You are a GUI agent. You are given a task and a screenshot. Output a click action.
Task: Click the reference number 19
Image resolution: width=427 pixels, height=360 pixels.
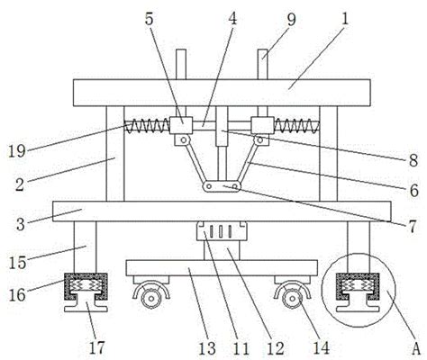point(17,150)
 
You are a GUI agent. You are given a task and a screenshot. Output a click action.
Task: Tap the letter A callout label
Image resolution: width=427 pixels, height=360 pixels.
point(416,348)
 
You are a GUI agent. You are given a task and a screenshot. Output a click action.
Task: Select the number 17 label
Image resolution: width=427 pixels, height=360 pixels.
point(97,347)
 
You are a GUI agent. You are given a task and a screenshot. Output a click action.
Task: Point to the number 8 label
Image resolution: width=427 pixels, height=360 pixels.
point(413,160)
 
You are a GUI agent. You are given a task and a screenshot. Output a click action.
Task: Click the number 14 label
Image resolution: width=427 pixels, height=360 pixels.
point(321,348)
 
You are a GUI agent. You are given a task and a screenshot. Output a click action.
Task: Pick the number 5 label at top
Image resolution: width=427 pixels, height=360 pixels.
point(150,19)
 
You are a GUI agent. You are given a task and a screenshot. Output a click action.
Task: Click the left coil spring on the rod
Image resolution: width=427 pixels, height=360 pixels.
point(147,125)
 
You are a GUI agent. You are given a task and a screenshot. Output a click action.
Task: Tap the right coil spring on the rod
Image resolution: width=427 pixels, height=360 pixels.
point(296,125)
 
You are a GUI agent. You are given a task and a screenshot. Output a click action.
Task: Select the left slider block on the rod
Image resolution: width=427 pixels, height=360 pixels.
point(181,125)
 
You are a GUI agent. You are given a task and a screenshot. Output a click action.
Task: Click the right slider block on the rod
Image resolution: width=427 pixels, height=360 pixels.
point(262,125)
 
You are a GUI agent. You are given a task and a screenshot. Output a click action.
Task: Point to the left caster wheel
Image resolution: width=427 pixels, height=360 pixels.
point(151,299)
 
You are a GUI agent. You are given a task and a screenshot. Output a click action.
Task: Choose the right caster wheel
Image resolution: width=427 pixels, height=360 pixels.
point(292,299)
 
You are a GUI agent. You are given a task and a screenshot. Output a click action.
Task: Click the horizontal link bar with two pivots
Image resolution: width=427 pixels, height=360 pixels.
point(222,186)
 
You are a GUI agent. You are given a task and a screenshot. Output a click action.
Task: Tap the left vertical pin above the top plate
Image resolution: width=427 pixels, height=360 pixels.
point(181,65)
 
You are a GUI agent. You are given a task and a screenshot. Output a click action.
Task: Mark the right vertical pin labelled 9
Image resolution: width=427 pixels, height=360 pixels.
point(262,65)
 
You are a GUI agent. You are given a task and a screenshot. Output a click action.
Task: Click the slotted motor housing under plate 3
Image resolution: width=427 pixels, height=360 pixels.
point(222,230)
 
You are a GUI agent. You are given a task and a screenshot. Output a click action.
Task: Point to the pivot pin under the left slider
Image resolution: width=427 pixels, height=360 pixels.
point(183,139)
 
